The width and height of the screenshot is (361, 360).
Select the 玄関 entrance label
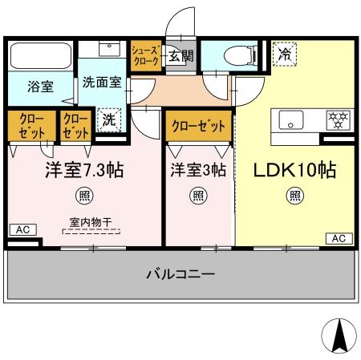coord(181,56)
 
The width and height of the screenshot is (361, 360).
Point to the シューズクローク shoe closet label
coord(146,57)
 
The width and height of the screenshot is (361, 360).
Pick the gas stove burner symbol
coord(336,120)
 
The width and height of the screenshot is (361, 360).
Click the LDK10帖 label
coord(294,171)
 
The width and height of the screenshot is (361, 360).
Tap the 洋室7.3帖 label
coord(83,171)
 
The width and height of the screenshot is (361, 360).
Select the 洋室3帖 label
coord(197,171)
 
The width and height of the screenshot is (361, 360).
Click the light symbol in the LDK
coord(295,195)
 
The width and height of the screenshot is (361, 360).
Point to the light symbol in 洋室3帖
coord(197,195)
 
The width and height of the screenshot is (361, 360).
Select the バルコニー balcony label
coord(180,275)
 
